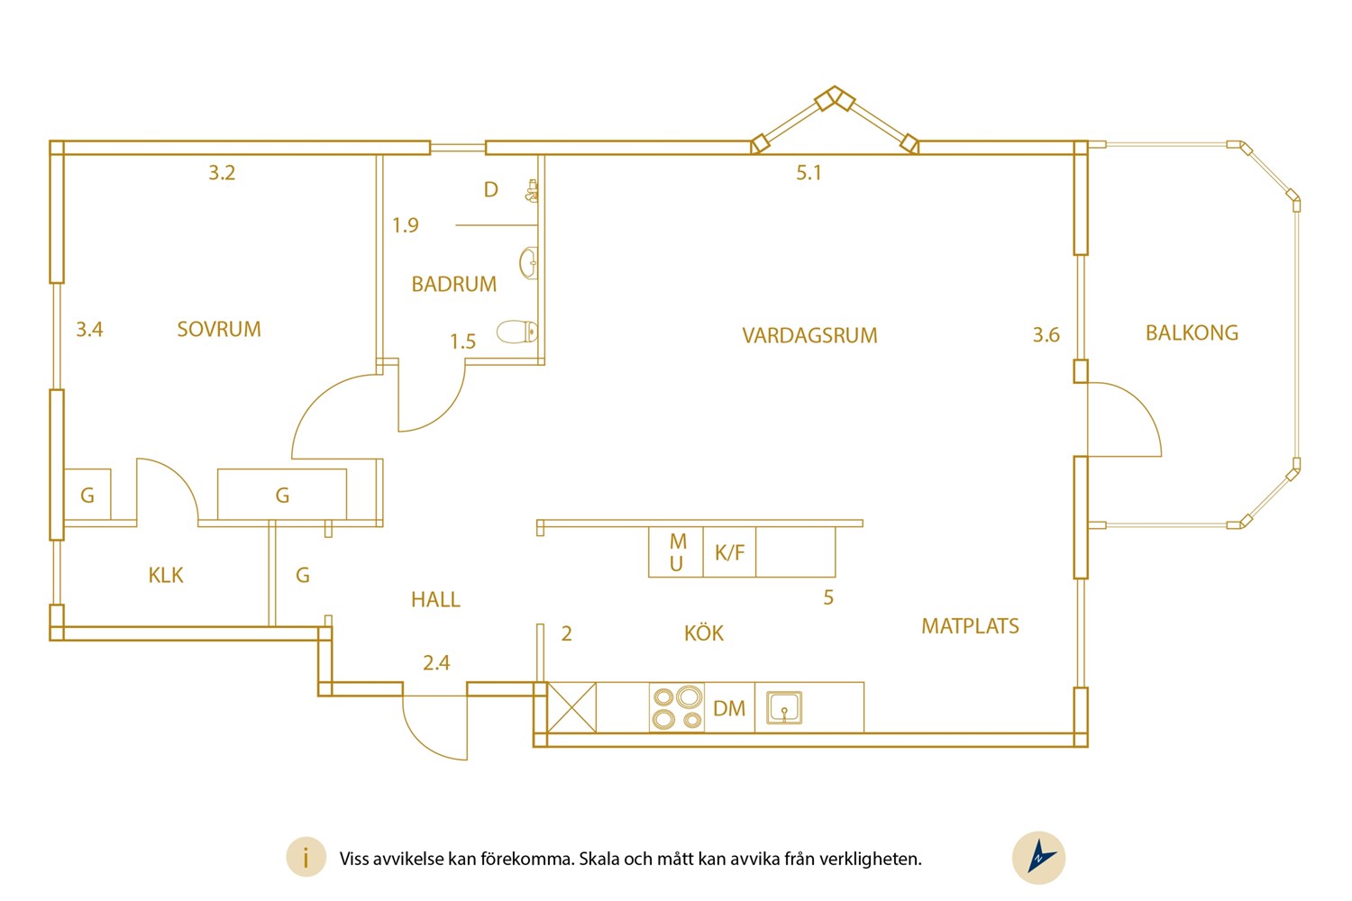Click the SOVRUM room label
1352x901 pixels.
pos(219,329)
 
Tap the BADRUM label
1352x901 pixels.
pos(454,284)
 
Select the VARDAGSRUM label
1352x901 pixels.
pos(809,335)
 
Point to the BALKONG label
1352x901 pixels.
pos(1192,332)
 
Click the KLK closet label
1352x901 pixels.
pos(165,575)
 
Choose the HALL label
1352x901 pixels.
pos(435,599)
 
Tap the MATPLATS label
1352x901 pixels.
pos(970,626)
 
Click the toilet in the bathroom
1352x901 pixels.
pos(517,332)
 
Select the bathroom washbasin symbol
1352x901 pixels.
pos(529,262)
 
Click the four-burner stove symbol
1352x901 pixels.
pos(677,707)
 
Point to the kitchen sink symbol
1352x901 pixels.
pos(784,707)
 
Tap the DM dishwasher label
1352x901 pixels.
pos(729,708)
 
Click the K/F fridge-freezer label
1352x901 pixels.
pos(730,552)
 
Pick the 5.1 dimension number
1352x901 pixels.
pos(808,173)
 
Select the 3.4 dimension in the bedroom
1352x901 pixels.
pos(89,330)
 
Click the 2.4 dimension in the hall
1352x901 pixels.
pos(435,663)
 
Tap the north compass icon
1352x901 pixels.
pos(1038,858)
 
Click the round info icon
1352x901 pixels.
pos(306,857)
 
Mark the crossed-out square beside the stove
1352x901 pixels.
pos(571,707)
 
